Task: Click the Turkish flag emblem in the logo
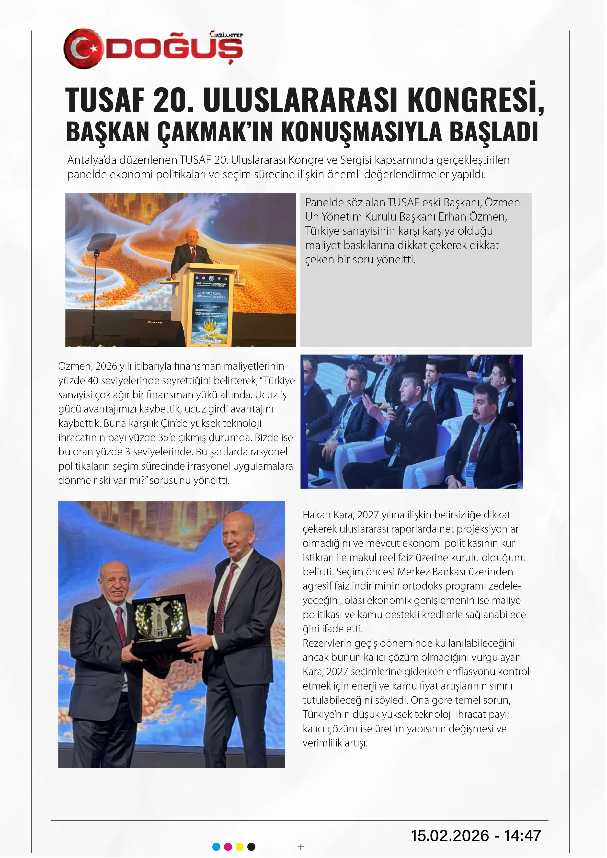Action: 83,49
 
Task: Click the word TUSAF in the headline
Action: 105,100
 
